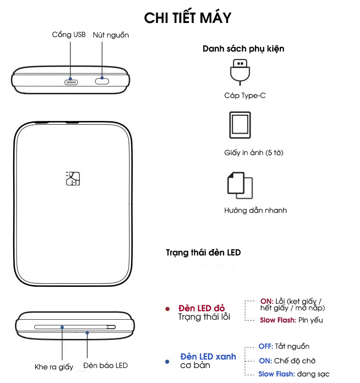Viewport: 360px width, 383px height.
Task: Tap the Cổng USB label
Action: (69, 35)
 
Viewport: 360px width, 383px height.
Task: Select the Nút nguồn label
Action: (111, 35)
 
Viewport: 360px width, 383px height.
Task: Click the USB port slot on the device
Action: (71, 83)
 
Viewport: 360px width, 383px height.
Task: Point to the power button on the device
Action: (102, 81)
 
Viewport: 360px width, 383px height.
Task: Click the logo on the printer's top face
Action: (73, 179)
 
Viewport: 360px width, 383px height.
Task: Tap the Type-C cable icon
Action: (240, 72)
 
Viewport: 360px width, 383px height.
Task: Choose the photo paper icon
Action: (240, 125)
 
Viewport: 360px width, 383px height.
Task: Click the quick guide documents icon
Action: (240, 185)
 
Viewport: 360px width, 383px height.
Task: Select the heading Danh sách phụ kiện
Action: (243, 49)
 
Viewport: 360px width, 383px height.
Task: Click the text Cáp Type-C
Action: (245, 96)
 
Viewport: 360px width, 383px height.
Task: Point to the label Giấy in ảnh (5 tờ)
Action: (253, 153)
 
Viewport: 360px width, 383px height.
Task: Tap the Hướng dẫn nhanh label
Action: (255, 210)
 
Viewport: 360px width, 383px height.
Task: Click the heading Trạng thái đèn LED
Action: (203, 253)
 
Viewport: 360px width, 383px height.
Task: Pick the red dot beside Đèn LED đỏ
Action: (168, 309)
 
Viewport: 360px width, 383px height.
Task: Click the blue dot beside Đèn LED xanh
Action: (167, 361)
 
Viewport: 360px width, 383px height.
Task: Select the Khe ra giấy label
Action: (54, 367)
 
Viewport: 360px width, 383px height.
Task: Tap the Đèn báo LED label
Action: (106, 365)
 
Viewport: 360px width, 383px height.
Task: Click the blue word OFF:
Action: (266, 346)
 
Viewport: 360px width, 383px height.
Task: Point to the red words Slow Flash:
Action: (278, 320)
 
